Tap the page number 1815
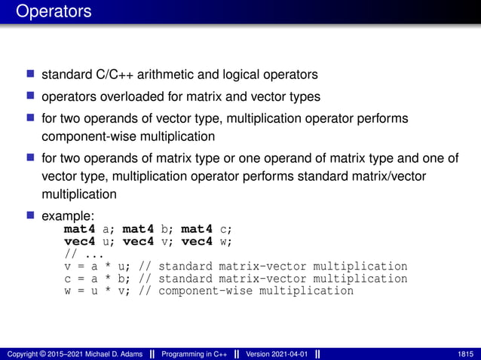465,354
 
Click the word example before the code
68,216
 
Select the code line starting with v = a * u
235,267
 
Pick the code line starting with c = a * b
235,279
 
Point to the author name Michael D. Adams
113,354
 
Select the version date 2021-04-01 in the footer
287,354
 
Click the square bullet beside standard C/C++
30,75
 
